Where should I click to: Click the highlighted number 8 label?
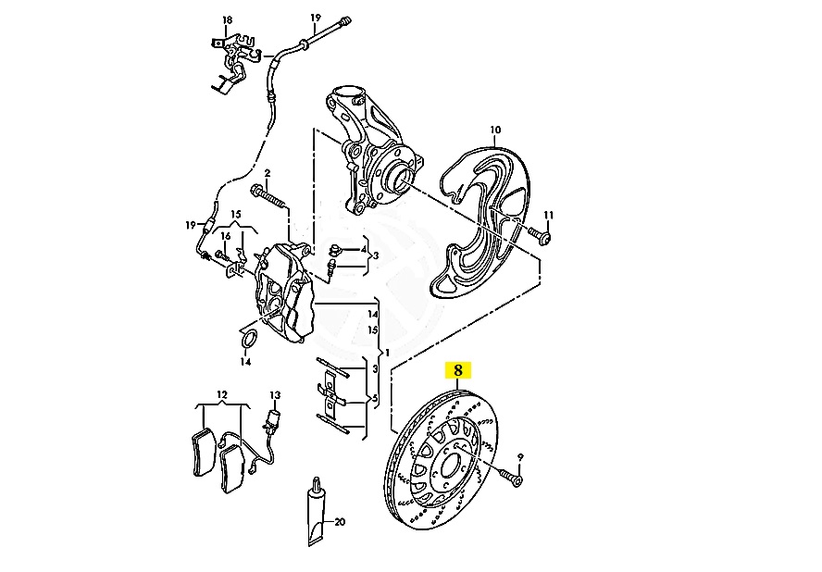pos(458,370)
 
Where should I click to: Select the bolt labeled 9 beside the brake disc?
pos(511,477)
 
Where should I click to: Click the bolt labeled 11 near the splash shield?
pos(540,235)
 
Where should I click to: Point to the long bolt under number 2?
pos(268,198)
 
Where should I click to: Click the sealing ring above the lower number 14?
pos(249,339)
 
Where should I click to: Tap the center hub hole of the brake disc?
pos(452,465)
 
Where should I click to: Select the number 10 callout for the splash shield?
pos(495,130)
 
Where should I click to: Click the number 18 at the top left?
pos(227,20)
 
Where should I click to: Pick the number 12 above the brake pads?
pos(222,394)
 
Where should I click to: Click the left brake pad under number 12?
pos(202,452)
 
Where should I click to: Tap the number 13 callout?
pos(275,395)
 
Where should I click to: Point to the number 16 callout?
pos(226,236)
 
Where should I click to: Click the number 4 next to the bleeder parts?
pos(364,250)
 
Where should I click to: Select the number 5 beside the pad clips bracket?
pos(375,399)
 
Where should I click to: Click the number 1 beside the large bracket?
pos(388,352)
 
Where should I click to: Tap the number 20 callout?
pos(340,522)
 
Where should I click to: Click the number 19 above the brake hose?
pos(315,18)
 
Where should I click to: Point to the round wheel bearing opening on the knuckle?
pos(400,178)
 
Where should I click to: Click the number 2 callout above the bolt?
pos(267,172)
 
